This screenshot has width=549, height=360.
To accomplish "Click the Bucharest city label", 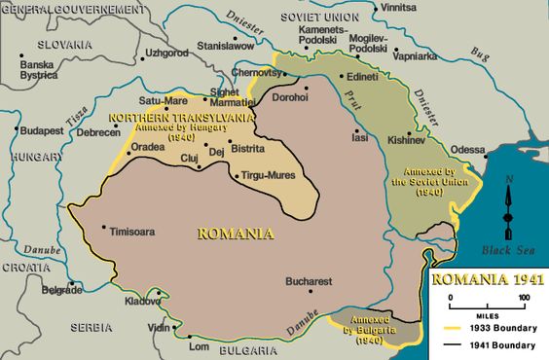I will (309, 281).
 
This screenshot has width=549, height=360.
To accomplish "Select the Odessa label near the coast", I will (467, 150).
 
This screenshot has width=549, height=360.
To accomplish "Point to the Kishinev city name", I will (406, 139).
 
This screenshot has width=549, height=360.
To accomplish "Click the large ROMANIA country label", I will (235, 234).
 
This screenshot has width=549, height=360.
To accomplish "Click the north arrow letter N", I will (508, 180).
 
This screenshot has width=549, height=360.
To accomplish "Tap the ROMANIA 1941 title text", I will (487, 279).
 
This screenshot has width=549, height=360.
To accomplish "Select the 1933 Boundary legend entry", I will (501, 328).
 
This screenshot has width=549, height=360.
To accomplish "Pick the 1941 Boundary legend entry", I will (501, 344).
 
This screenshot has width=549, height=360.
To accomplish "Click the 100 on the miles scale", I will (524, 297).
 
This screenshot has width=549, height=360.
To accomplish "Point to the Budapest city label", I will (41, 129).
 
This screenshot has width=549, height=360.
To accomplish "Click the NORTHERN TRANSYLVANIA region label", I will (182, 117).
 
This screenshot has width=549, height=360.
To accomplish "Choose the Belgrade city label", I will (61, 290).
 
